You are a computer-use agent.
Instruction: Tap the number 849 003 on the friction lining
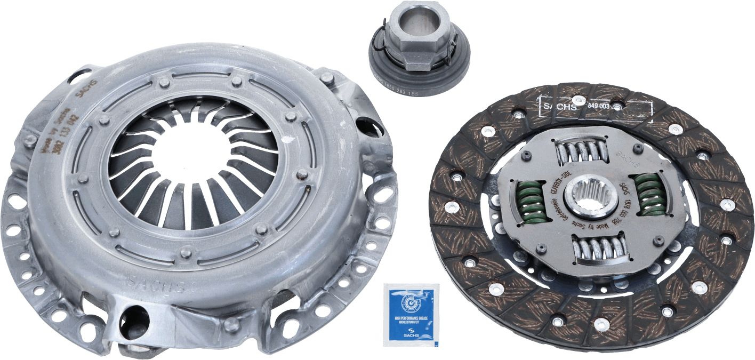point(598,107)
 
